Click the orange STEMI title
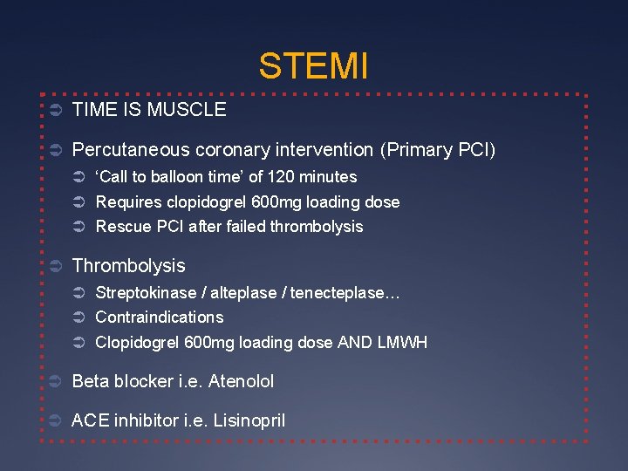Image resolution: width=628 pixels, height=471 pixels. (x=313, y=66)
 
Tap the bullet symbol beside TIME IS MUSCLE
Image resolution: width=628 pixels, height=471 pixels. (x=53, y=110)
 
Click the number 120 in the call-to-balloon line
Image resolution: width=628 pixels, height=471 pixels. (x=281, y=177)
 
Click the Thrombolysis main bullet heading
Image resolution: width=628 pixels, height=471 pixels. (x=128, y=265)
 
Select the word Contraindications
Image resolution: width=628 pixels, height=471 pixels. (x=159, y=317)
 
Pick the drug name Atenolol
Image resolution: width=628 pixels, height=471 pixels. (x=241, y=381)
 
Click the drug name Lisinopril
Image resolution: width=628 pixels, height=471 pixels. (x=247, y=420)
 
